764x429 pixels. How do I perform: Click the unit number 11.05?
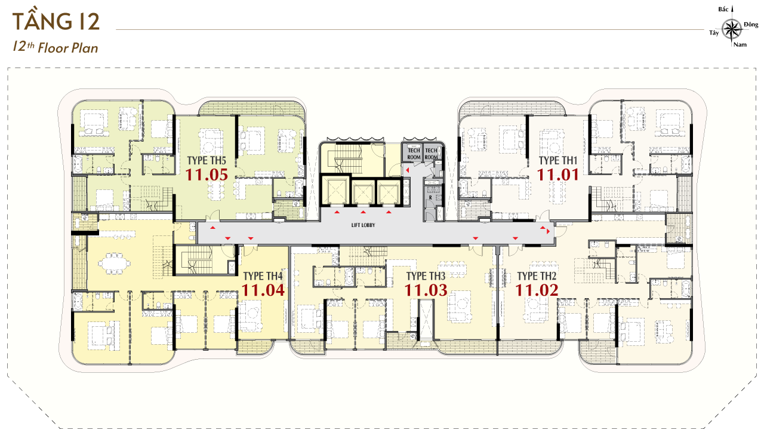tap(207, 175)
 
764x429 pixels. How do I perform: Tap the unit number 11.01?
tap(557, 175)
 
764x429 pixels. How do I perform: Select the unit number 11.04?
tap(263, 290)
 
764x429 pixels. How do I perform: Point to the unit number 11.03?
tap(426, 290)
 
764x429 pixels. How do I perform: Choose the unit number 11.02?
tap(537, 290)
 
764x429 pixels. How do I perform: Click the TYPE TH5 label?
tap(207, 161)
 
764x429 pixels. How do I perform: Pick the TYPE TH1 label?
tap(558, 161)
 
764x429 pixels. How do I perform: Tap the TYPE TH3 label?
tap(426, 276)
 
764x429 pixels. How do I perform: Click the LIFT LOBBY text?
tap(363, 225)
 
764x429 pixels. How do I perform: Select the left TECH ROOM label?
tap(414, 154)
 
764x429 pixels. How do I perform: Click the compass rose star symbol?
tap(732, 29)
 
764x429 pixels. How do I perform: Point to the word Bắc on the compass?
tap(723, 10)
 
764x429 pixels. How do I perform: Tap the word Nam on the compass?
tap(740, 44)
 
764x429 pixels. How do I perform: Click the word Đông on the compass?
tap(751, 24)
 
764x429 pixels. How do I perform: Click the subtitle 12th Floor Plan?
tap(56, 47)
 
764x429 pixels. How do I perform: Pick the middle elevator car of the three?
tap(363, 192)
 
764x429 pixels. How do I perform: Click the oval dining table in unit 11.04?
tap(114, 263)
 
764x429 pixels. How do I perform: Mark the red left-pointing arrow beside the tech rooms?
tap(407, 170)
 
